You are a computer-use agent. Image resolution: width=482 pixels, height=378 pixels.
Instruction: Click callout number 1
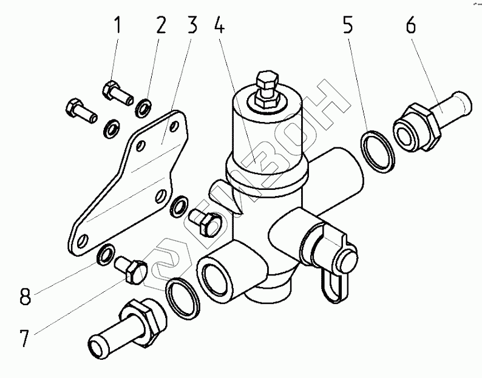pos(117,26)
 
